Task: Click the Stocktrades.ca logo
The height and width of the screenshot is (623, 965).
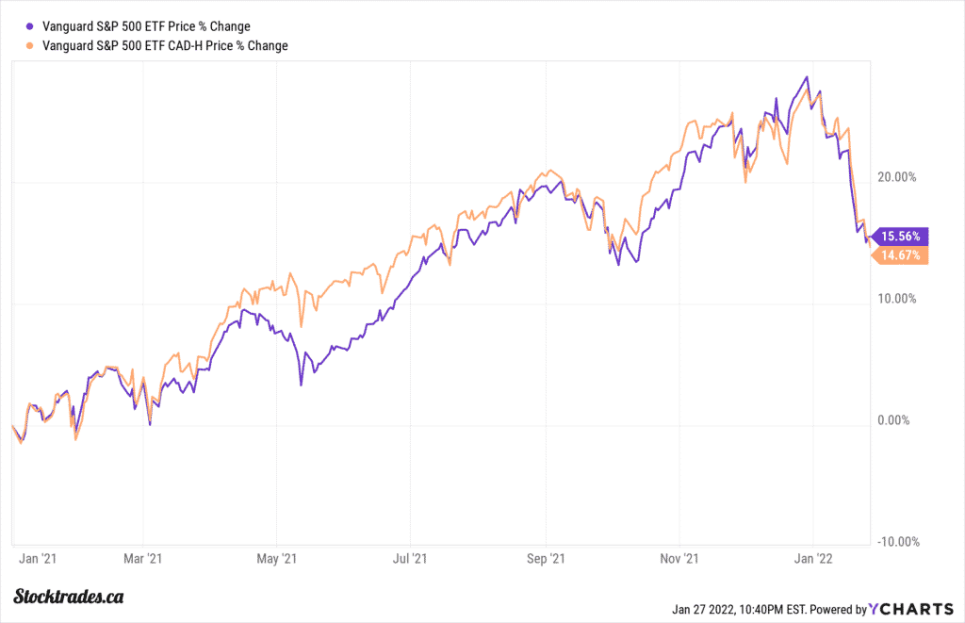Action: point(71,597)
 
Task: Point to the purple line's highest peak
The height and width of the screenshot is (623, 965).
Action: point(807,77)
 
